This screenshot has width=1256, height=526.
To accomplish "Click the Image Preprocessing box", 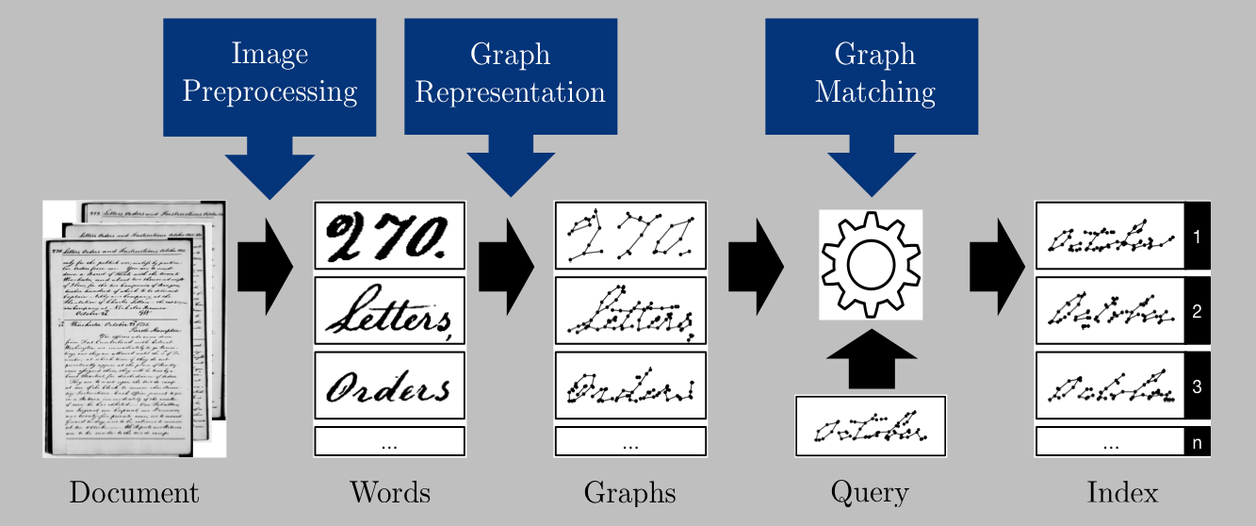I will pos(269,74).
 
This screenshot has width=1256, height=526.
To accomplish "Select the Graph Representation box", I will pos(510,74).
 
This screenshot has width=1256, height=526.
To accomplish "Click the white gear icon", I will pos(871,265).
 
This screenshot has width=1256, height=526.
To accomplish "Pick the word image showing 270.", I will pos(390,236).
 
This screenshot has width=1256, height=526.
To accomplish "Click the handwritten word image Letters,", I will pos(390,311).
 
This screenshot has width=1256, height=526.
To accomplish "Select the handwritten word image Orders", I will pos(390,386).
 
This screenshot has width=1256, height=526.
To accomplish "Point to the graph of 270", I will pos(630,236).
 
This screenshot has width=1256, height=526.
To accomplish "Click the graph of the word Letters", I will pos(630,311).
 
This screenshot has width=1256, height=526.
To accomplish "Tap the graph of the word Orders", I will pos(630,386).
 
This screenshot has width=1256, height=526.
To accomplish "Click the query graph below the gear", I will pos(870,426).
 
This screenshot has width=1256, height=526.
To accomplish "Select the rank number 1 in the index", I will pos(1197,237).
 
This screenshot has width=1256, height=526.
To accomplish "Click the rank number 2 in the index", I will pos(1197,311).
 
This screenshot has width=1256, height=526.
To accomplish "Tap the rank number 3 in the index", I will pos(1197,386).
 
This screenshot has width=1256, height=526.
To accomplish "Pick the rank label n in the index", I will pos(1197,441).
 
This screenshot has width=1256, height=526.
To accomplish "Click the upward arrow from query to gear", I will pos(871,360).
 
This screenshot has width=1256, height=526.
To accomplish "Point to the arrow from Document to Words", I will pos(264,266).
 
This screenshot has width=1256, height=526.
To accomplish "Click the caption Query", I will pos(869,492).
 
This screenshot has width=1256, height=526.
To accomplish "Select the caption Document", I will pos(134,492).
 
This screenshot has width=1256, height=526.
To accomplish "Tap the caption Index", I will pos(1122,492).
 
